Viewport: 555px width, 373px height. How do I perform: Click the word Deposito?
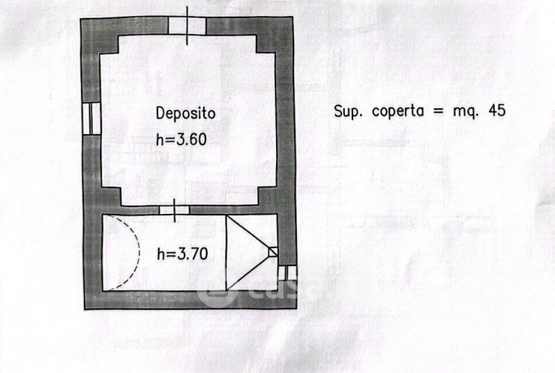[185, 113]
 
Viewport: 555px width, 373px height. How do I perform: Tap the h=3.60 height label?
[182, 138]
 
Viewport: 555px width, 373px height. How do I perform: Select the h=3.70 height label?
[182, 254]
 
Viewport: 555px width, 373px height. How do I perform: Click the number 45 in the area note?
[497, 110]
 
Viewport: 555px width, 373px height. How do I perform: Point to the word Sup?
[348, 111]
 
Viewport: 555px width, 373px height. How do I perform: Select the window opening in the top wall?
[187, 25]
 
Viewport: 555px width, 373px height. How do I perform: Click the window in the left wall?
[92, 119]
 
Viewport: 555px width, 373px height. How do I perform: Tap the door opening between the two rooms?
[174, 210]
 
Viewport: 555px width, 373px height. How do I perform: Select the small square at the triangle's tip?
[273, 251]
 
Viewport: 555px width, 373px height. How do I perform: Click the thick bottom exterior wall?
[187, 300]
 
